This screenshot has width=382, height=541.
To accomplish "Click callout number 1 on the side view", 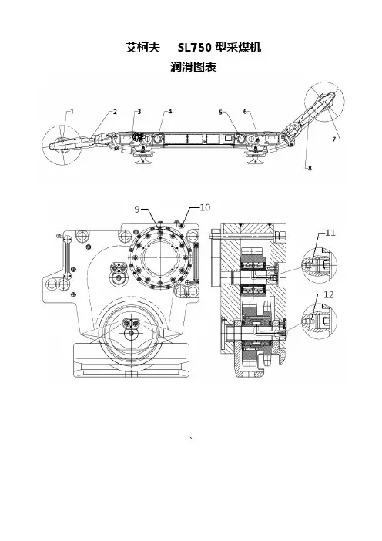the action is (x=72, y=111).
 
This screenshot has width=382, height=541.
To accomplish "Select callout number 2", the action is (x=116, y=112).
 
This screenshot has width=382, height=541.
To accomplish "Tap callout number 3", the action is (x=139, y=112).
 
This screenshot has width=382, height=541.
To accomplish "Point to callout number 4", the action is (x=170, y=111).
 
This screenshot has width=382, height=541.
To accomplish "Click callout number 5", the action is (x=221, y=112).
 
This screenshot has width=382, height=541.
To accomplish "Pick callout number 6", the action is (x=245, y=111).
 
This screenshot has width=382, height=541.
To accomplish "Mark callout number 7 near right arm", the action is (x=333, y=139).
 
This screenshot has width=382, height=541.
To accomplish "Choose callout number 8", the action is (x=310, y=168).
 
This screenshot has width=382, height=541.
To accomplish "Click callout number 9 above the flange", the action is (x=137, y=210).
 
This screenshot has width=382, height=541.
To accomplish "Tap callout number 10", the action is (x=205, y=207).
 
